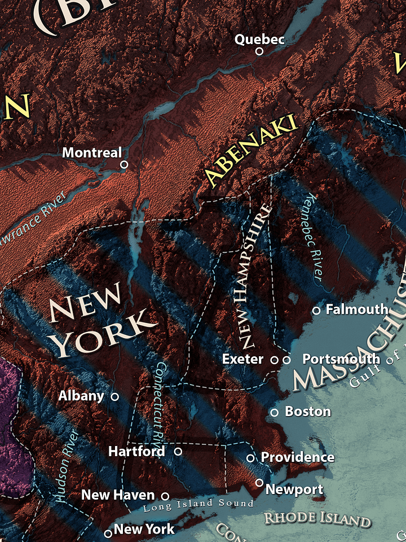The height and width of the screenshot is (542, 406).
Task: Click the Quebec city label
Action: coord(259,39)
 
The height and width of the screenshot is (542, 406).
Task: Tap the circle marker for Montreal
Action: coord(124,164)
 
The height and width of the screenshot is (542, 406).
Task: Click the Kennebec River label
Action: coord(313,238)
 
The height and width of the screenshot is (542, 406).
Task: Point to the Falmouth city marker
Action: coord(316,311)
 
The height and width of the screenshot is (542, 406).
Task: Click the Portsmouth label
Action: coord(341,359)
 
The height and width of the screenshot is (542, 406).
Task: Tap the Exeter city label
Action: coord(242,359)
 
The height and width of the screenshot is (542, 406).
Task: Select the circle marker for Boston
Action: coord(275,413)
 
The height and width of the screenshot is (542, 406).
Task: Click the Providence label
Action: coord(297,457)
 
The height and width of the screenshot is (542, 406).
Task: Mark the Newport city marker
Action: coord(259,483)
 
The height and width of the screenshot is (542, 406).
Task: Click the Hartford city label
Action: coord(136,452)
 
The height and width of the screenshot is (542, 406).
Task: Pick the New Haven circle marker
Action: coord(165,496)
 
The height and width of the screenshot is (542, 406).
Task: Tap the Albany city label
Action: coord(81,396)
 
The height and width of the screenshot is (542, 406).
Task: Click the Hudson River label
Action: coord(67,466)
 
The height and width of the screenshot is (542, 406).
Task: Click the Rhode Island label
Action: coord(317,519)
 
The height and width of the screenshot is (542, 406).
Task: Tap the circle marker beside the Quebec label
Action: coord(259,51)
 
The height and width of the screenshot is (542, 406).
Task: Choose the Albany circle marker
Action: coord(115,397)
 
